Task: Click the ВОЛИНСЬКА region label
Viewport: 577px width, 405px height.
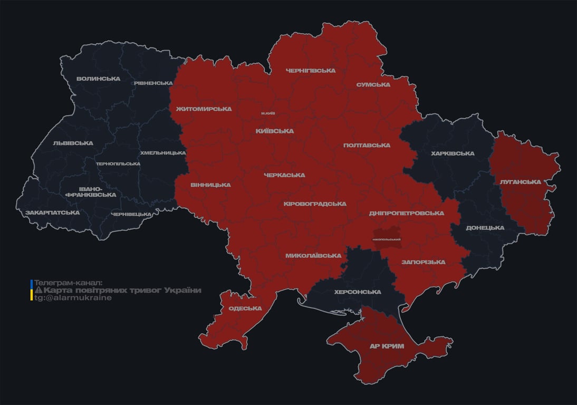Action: coord(98,79)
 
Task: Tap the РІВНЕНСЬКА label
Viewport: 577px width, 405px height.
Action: coord(153,83)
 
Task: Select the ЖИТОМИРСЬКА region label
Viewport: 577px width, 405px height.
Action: coord(204,109)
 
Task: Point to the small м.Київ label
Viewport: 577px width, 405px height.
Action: coord(268,113)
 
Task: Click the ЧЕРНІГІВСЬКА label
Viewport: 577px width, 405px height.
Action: coord(311,70)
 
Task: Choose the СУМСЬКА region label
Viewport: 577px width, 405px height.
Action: coord(373,84)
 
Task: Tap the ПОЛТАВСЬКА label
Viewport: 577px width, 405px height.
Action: coord(367,145)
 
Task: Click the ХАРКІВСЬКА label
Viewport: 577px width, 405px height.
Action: coord(453,153)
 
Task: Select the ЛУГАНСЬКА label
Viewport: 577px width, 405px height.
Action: coord(521,181)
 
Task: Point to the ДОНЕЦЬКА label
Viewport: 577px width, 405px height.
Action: coord(485,228)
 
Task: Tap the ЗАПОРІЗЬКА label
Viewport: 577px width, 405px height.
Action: coord(424,262)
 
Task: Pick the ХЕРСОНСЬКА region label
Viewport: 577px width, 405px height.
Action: coord(358,292)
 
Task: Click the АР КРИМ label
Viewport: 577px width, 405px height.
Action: coord(387,346)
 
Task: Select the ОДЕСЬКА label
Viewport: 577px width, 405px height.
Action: coord(245,308)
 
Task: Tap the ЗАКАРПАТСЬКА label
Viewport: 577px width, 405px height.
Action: coord(52,213)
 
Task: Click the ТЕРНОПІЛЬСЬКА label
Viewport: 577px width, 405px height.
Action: coord(118,163)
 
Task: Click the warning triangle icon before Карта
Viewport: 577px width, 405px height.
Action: coord(38,291)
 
